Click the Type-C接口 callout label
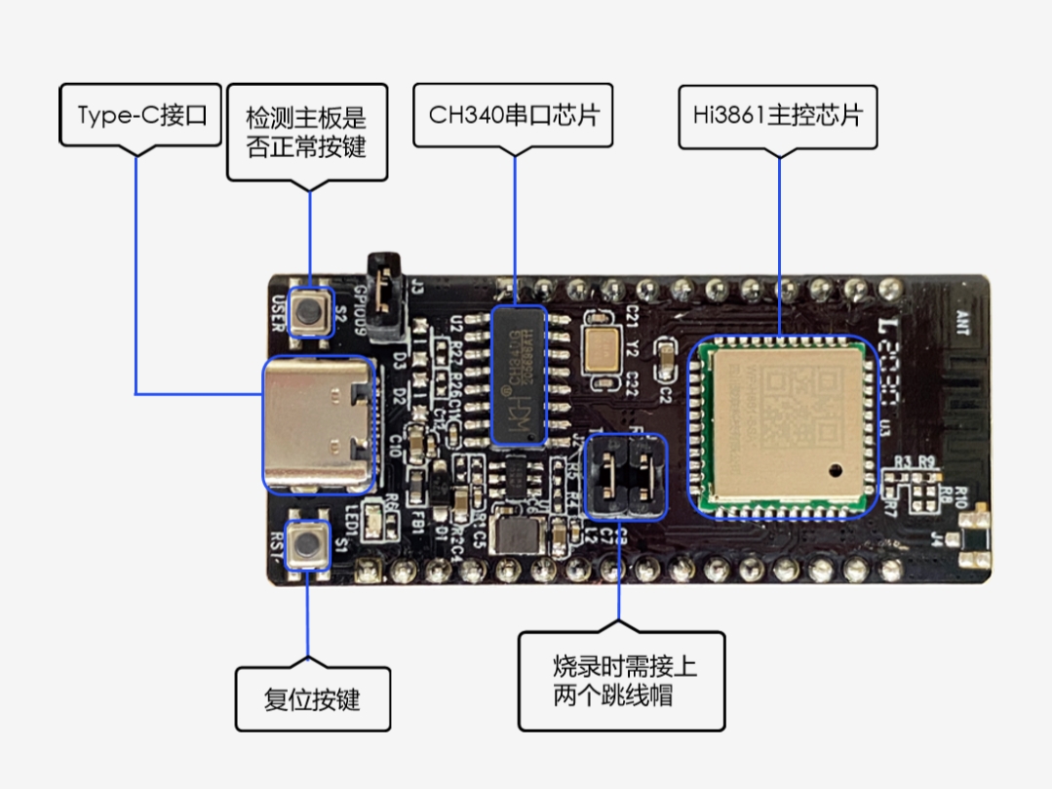click(141, 115)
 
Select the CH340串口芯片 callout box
click(513, 115)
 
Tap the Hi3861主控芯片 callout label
click(778, 115)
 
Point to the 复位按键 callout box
click(312, 699)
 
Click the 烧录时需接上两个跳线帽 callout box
click(621, 681)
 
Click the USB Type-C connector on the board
click(318, 425)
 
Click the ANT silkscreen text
click(962, 321)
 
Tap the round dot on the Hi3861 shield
click(836, 470)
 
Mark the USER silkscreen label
click(278, 313)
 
